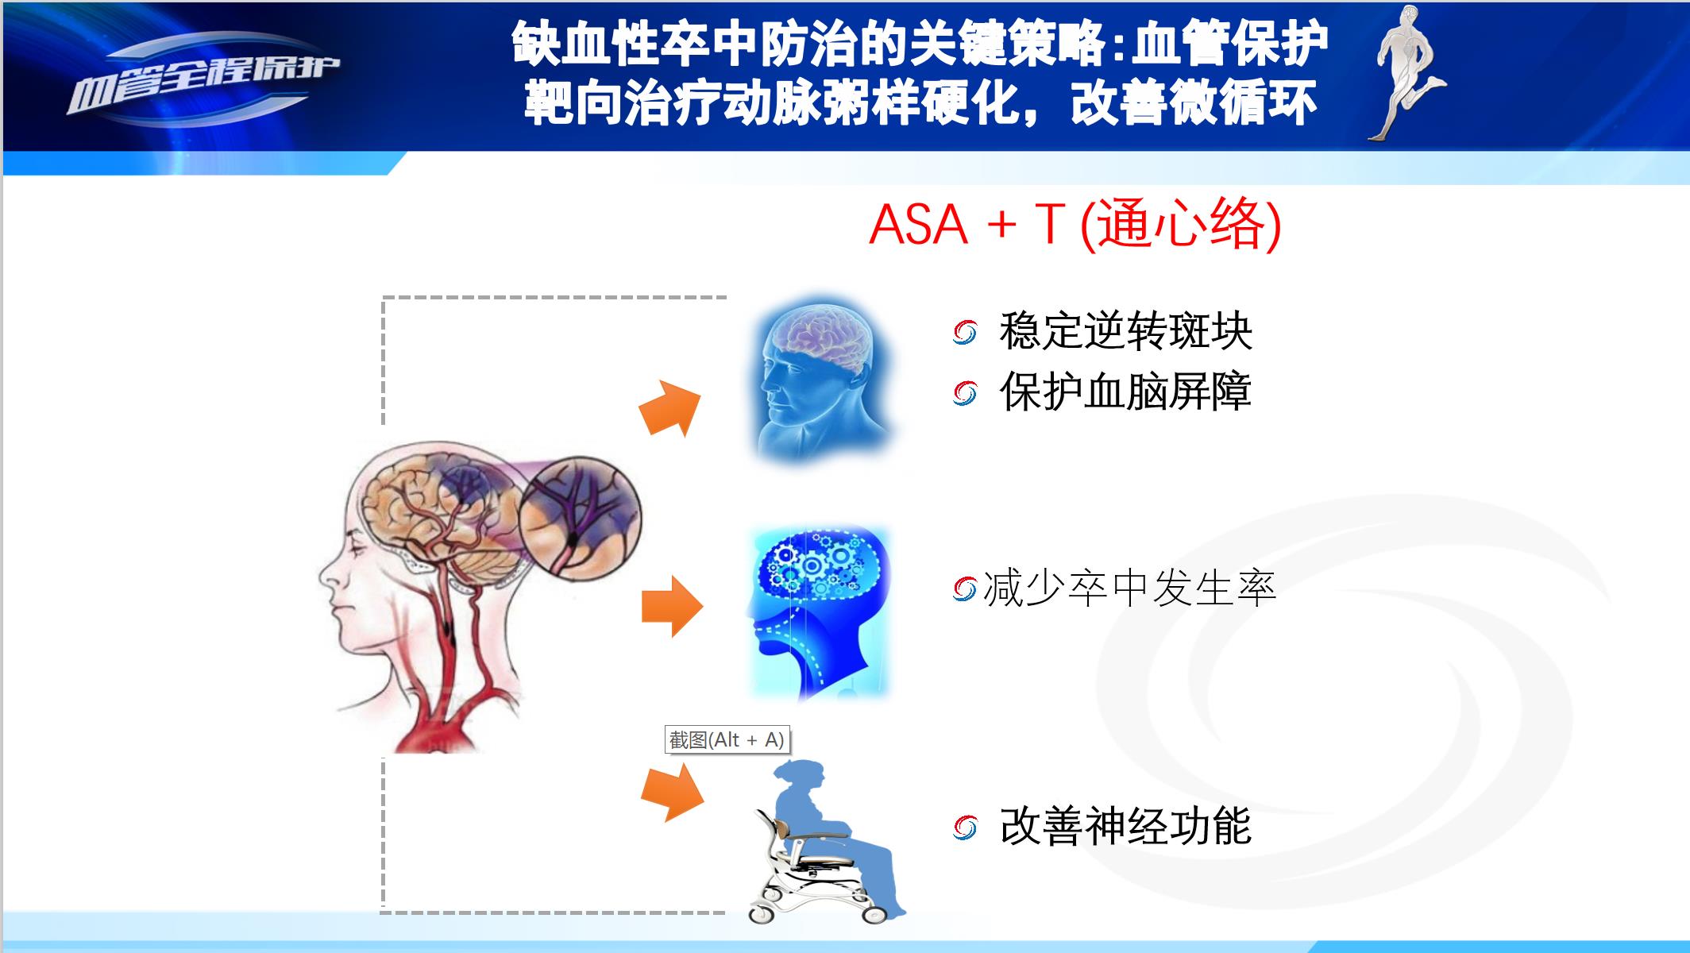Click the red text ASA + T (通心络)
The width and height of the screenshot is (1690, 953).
point(1075,225)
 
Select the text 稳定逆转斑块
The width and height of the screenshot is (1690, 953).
point(1125,331)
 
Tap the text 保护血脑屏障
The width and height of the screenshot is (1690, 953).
point(1125,392)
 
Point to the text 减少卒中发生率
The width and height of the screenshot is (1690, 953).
point(1129,588)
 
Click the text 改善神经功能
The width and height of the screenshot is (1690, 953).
point(1125,827)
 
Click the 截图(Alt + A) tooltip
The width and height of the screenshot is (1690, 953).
point(727,740)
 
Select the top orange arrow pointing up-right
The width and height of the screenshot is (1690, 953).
point(671,407)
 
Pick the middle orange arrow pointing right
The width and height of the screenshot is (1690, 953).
point(672,607)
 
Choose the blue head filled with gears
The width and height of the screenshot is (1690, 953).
point(818,612)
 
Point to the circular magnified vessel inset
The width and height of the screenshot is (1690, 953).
point(580,517)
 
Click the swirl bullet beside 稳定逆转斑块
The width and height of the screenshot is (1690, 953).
point(965,333)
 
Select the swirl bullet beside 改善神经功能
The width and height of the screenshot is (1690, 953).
point(965,828)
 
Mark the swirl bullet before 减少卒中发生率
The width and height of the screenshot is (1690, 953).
point(964,589)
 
